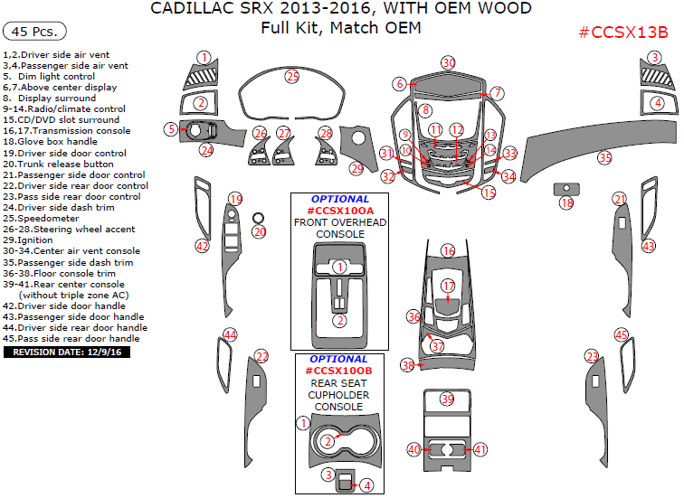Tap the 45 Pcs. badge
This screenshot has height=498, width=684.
pos(36,32)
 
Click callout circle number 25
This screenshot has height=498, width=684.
pos(291,77)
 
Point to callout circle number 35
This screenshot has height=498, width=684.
pos(604,157)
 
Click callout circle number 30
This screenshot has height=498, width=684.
pos(448,62)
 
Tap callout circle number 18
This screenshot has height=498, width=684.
pos(567,203)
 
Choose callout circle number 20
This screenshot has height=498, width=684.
pos(259,232)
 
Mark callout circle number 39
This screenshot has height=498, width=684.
pos(447,399)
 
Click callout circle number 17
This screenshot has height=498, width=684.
pos(449,286)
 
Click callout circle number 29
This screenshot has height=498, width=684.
pos(356,168)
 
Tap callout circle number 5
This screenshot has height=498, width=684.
pos(170,129)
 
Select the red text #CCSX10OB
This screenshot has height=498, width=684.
pos(339,371)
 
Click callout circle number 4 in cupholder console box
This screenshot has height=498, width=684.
pos(366,485)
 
